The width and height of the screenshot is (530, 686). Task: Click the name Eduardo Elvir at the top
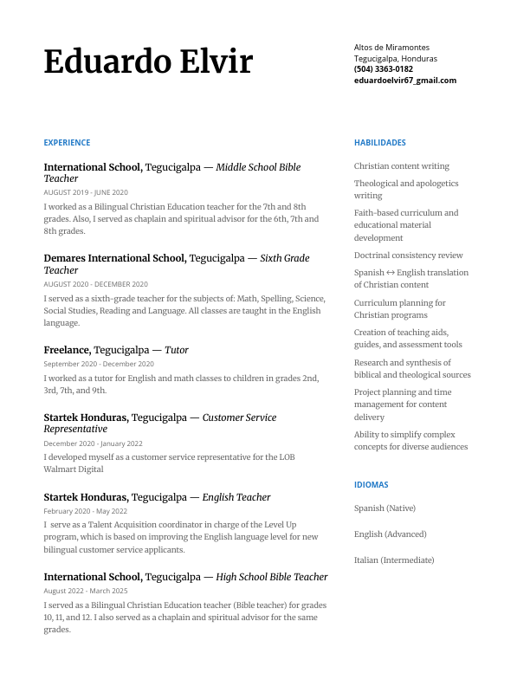[x=148, y=62]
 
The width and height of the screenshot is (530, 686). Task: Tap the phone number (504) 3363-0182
[x=383, y=69]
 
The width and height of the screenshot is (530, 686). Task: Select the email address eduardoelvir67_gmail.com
[x=404, y=81]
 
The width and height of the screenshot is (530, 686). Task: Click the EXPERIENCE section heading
[x=67, y=143]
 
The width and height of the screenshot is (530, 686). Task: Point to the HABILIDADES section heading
[x=379, y=143]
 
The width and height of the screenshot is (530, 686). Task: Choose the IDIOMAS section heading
[x=371, y=485]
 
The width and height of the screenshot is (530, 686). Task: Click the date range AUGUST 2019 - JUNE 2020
[x=85, y=192]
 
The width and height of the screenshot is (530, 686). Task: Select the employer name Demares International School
[x=114, y=258]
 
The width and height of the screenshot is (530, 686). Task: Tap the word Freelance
[x=67, y=350]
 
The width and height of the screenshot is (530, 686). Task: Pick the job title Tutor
[x=177, y=350]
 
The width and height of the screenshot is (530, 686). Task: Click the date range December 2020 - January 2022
[x=93, y=443]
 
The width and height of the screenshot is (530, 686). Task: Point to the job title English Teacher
[x=236, y=497]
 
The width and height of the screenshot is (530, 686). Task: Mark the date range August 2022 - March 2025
[x=85, y=591]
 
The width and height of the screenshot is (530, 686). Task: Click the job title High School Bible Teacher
[x=272, y=577]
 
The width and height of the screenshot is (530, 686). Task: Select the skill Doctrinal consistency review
[x=408, y=256]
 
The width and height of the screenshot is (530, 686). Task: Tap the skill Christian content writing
[x=401, y=166]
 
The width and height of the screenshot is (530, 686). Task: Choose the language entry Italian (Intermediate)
[x=393, y=560]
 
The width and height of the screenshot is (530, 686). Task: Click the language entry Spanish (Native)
[x=385, y=508]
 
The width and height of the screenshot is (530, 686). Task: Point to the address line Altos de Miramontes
[x=391, y=48]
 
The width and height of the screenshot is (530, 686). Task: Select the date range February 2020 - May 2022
[x=85, y=511]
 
